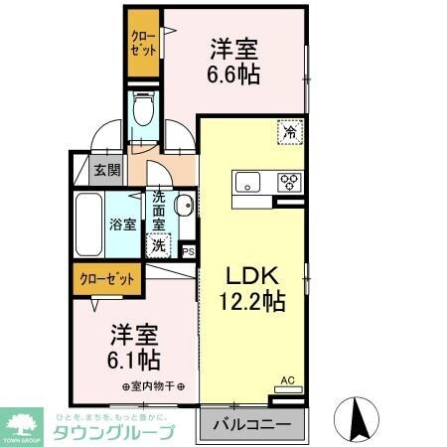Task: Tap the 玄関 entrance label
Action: click(107, 170)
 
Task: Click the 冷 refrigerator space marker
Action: click(291, 129)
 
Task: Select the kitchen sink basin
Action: click(247, 181)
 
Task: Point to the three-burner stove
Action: click(290, 182)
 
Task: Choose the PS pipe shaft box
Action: click(188, 250)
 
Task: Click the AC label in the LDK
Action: click(288, 380)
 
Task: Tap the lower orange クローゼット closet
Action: click(107, 278)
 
